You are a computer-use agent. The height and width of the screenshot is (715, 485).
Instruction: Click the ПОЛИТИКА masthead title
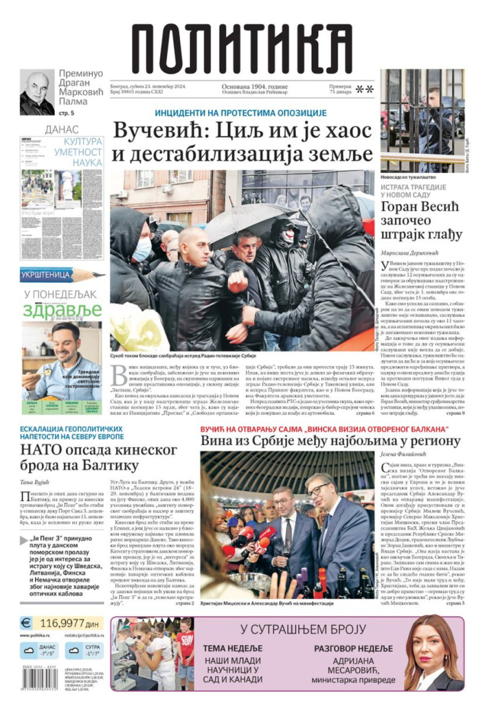[x=242, y=52]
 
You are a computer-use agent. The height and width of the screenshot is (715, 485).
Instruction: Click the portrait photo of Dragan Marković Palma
[x=37, y=93]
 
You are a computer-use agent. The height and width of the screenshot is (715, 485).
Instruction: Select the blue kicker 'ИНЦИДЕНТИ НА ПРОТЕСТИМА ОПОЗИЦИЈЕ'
[x=241, y=113]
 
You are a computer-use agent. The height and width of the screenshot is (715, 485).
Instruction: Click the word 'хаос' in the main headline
[x=343, y=131]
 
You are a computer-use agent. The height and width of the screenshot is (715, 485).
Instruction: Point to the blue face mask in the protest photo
[x=142, y=249]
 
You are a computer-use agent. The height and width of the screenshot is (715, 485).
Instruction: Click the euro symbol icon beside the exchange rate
[x=26, y=623]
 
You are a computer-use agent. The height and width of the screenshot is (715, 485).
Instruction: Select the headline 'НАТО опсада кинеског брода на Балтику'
[x=80, y=457]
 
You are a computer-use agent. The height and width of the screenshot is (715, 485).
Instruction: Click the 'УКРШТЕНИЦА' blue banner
[x=46, y=275]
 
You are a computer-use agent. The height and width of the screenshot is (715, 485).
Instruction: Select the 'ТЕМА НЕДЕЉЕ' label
[x=232, y=648]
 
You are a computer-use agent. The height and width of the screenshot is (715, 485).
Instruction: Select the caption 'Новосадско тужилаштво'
[x=408, y=177]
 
